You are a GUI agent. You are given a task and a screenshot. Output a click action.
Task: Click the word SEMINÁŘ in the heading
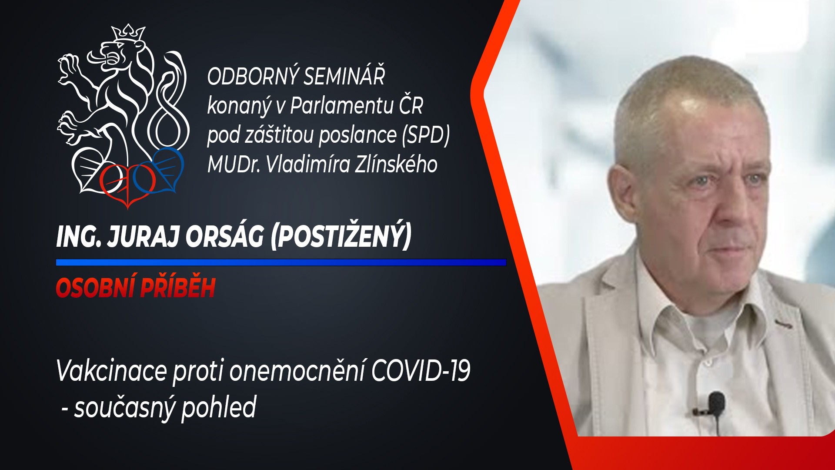tap(344, 76)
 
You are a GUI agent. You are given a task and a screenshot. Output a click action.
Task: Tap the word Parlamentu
tap(342, 105)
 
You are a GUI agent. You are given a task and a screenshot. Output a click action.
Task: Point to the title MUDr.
tap(234, 164)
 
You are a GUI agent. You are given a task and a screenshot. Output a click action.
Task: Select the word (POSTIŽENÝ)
tap(341, 237)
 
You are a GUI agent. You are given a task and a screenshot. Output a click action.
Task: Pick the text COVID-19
tap(421, 371)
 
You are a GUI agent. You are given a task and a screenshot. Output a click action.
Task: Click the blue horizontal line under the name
tap(281, 262)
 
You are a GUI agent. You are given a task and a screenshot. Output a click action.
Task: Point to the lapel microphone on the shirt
tap(715, 405)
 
